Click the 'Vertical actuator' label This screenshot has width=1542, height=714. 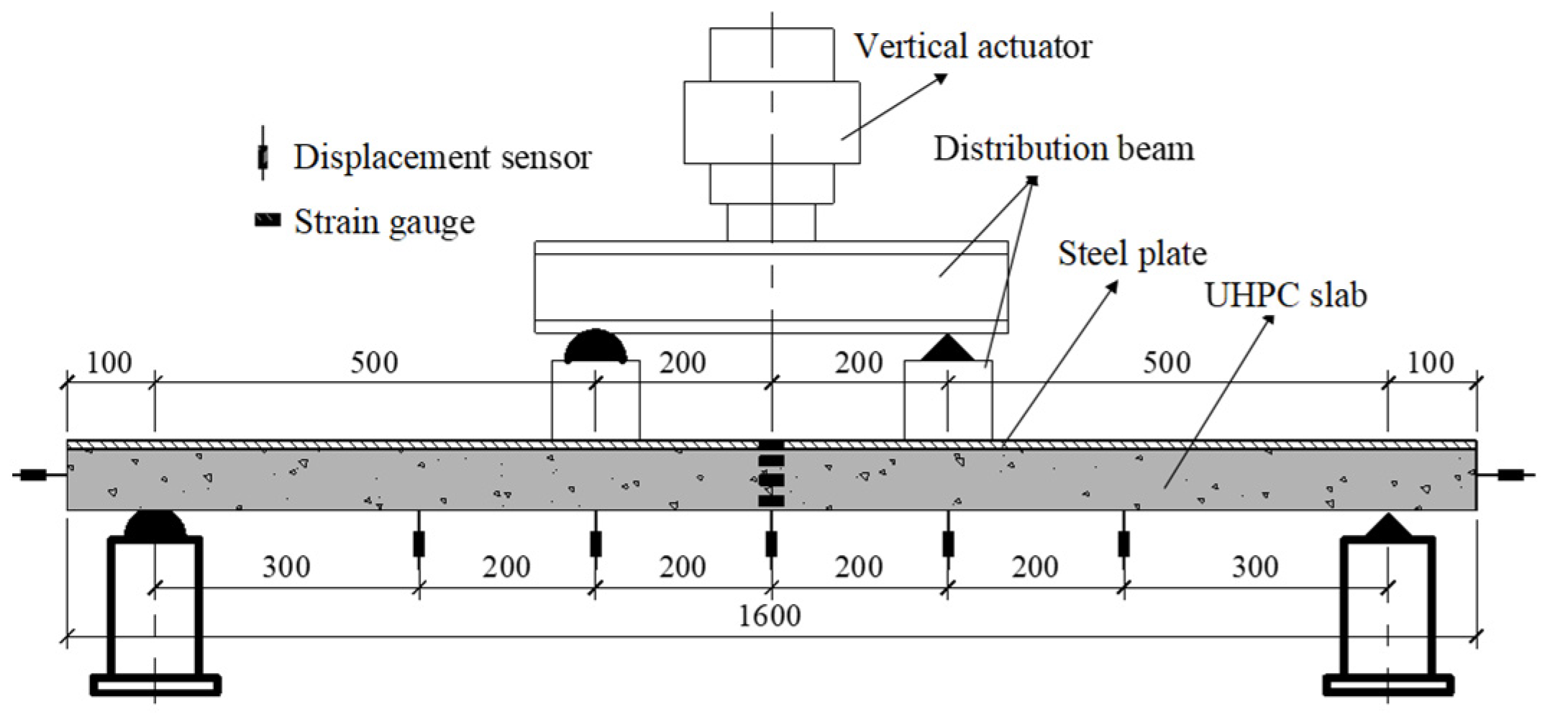pyautogui.click(x=972, y=47)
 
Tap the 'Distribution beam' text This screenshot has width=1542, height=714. pyautogui.click(x=1064, y=150)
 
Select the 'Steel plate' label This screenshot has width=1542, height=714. pyautogui.click(x=1131, y=254)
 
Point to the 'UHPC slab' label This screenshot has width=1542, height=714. pyautogui.click(x=1285, y=296)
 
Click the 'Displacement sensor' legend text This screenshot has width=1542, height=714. pyautogui.click(x=442, y=157)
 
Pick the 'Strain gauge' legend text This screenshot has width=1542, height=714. pyautogui.click(x=384, y=222)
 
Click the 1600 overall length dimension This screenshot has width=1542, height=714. pyautogui.click(x=770, y=616)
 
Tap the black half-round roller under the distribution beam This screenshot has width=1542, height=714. pyautogui.click(x=595, y=347)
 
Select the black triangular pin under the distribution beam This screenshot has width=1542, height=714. pyautogui.click(x=947, y=349)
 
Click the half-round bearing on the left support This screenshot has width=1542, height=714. pyautogui.click(x=155, y=526)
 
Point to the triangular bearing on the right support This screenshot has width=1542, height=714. pyautogui.click(x=1387, y=527)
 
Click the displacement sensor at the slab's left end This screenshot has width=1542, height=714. pyautogui.click(x=32, y=475)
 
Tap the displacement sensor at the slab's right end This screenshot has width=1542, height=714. pyautogui.click(x=1508, y=475)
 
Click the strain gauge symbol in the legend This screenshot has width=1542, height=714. pyautogui.click(x=268, y=221)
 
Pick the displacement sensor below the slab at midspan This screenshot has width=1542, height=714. pyautogui.click(x=771, y=544)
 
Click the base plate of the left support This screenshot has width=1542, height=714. pyautogui.click(x=155, y=685)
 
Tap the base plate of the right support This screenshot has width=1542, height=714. pyautogui.click(x=1387, y=685)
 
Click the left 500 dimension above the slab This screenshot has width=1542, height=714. pyautogui.click(x=374, y=363)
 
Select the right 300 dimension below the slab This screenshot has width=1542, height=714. pyautogui.click(x=1255, y=568)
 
